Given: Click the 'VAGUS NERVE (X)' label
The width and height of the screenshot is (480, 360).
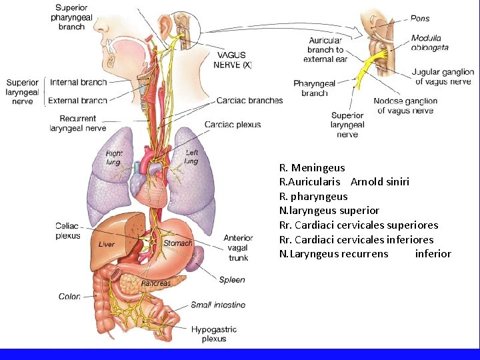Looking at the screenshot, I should coord(233,60).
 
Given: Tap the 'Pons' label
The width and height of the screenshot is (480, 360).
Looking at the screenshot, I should coord(420,19).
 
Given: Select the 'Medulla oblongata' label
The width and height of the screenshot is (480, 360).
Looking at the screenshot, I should coord(430,43).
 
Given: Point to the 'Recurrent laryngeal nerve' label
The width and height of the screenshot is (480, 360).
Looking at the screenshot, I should coord(77,123).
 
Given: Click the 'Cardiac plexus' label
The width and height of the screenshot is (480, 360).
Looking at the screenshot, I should coord(233,125).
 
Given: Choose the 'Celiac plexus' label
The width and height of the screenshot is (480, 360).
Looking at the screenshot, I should coord(67,231).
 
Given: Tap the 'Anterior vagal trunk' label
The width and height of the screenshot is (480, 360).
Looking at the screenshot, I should coord(238,247).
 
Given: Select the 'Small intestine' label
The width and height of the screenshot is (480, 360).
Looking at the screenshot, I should coord(218,305).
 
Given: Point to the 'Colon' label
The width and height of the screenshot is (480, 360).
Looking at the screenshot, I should coord(69,297).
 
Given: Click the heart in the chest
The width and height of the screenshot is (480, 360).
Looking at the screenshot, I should coord(152,184).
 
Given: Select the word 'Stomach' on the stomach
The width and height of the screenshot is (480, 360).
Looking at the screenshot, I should coord(177,243).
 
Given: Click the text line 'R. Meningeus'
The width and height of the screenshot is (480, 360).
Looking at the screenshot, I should coord(312,167).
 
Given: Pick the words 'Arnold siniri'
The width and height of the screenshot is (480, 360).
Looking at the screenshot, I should coord(380,181).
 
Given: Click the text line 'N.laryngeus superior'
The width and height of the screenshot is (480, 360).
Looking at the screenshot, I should coord(329,210).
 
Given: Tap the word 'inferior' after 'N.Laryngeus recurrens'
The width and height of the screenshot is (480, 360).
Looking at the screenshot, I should coord(433,253).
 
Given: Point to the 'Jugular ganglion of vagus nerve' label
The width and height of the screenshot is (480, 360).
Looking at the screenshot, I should coord(443,77).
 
